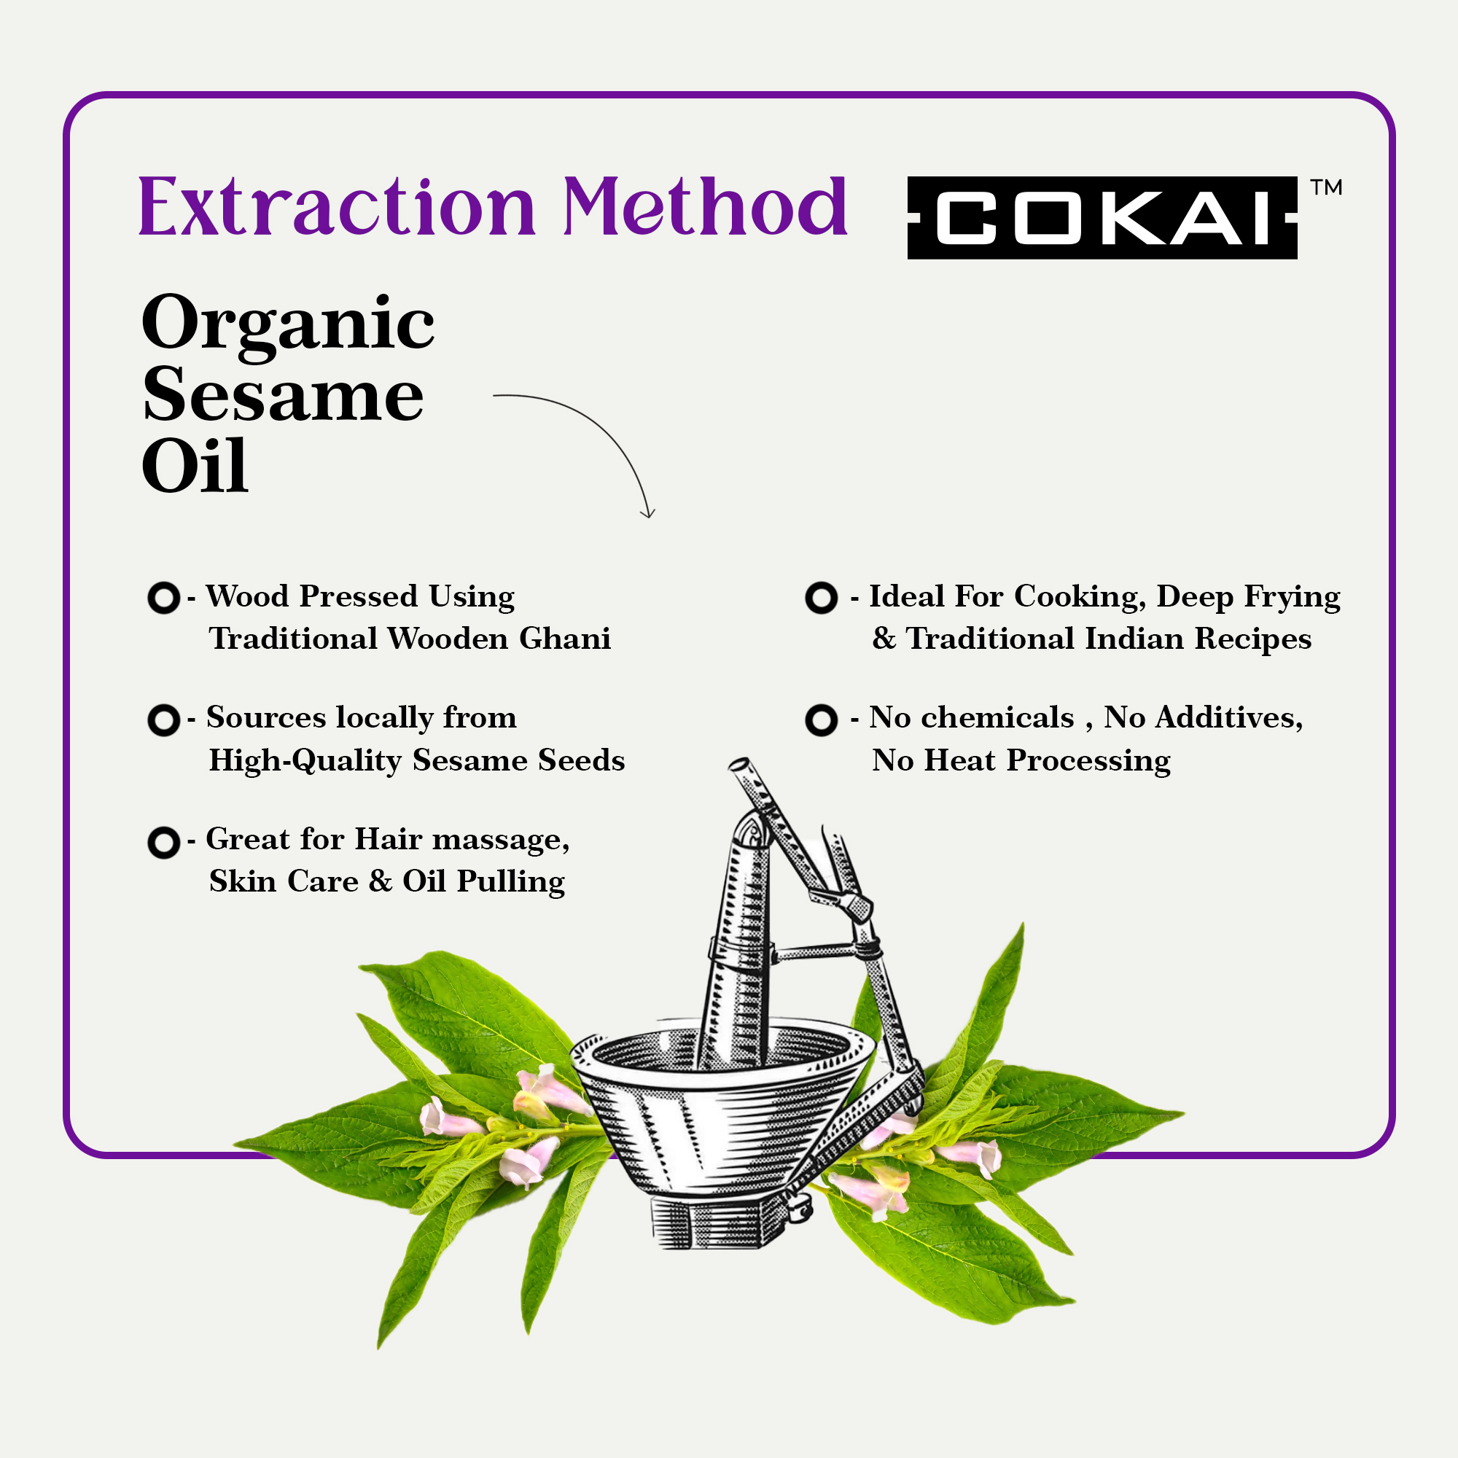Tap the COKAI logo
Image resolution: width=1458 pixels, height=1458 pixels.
(x=1102, y=218)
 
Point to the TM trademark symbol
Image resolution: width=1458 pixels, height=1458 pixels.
(x=1326, y=187)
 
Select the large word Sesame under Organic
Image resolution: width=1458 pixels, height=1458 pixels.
(x=283, y=394)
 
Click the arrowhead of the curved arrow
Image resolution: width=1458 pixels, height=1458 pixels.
(x=647, y=513)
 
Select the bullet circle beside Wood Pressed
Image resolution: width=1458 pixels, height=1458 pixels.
(x=164, y=598)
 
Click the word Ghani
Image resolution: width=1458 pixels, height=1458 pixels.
(x=564, y=639)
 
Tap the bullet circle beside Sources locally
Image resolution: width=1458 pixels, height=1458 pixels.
(x=164, y=720)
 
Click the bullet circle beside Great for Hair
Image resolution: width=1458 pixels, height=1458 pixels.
(x=164, y=842)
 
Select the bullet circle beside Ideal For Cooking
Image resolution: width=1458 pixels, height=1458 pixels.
(x=822, y=598)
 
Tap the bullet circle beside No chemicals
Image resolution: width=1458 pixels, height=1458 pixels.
(x=822, y=720)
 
